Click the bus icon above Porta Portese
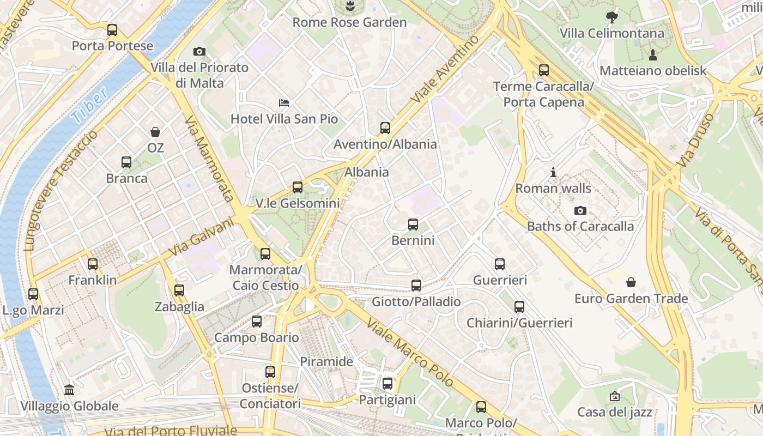tap(112, 30)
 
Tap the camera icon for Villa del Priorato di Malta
tap(199, 52)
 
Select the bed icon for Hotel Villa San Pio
tap(284, 102)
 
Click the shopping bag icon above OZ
tap(155, 131)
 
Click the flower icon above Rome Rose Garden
tap(350, 7)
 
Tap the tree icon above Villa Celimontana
tap(613, 17)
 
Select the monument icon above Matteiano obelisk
tap(652, 55)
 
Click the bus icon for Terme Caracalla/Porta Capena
tap(543, 70)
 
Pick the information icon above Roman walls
tap(553, 173)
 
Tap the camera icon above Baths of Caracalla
tap(580, 210)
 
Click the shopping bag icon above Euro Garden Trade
tap(631, 282)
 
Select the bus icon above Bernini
tap(413, 224)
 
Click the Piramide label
tap(326, 361)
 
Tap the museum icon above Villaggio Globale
tap(69, 390)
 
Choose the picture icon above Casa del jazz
tap(615, 396)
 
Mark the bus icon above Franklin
tap(93, 264)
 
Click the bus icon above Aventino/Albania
tap(385, 128)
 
